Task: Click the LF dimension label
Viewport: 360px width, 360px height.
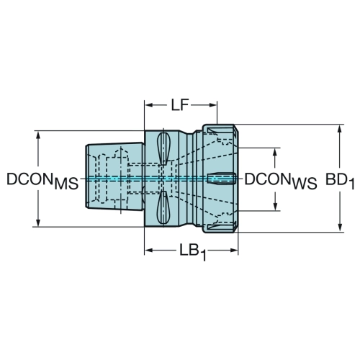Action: (x=179, y=105)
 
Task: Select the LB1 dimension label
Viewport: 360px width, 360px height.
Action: (x=193, y=252)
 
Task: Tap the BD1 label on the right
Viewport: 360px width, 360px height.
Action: (x=340, y=181)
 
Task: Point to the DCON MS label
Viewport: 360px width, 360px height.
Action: (x=42, y=181)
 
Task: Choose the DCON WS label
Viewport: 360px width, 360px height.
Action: (x=281, y=181)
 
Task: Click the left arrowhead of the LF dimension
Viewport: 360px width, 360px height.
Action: (x=149, y=105)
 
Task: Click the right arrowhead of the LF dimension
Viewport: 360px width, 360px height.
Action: (x=213, y=105)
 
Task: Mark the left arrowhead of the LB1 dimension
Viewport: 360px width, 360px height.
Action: (x=149, y=251)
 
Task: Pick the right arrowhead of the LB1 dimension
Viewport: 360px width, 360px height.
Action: (x=234, y=251)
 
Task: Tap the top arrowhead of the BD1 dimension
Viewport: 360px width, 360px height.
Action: (x=339, y=129)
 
